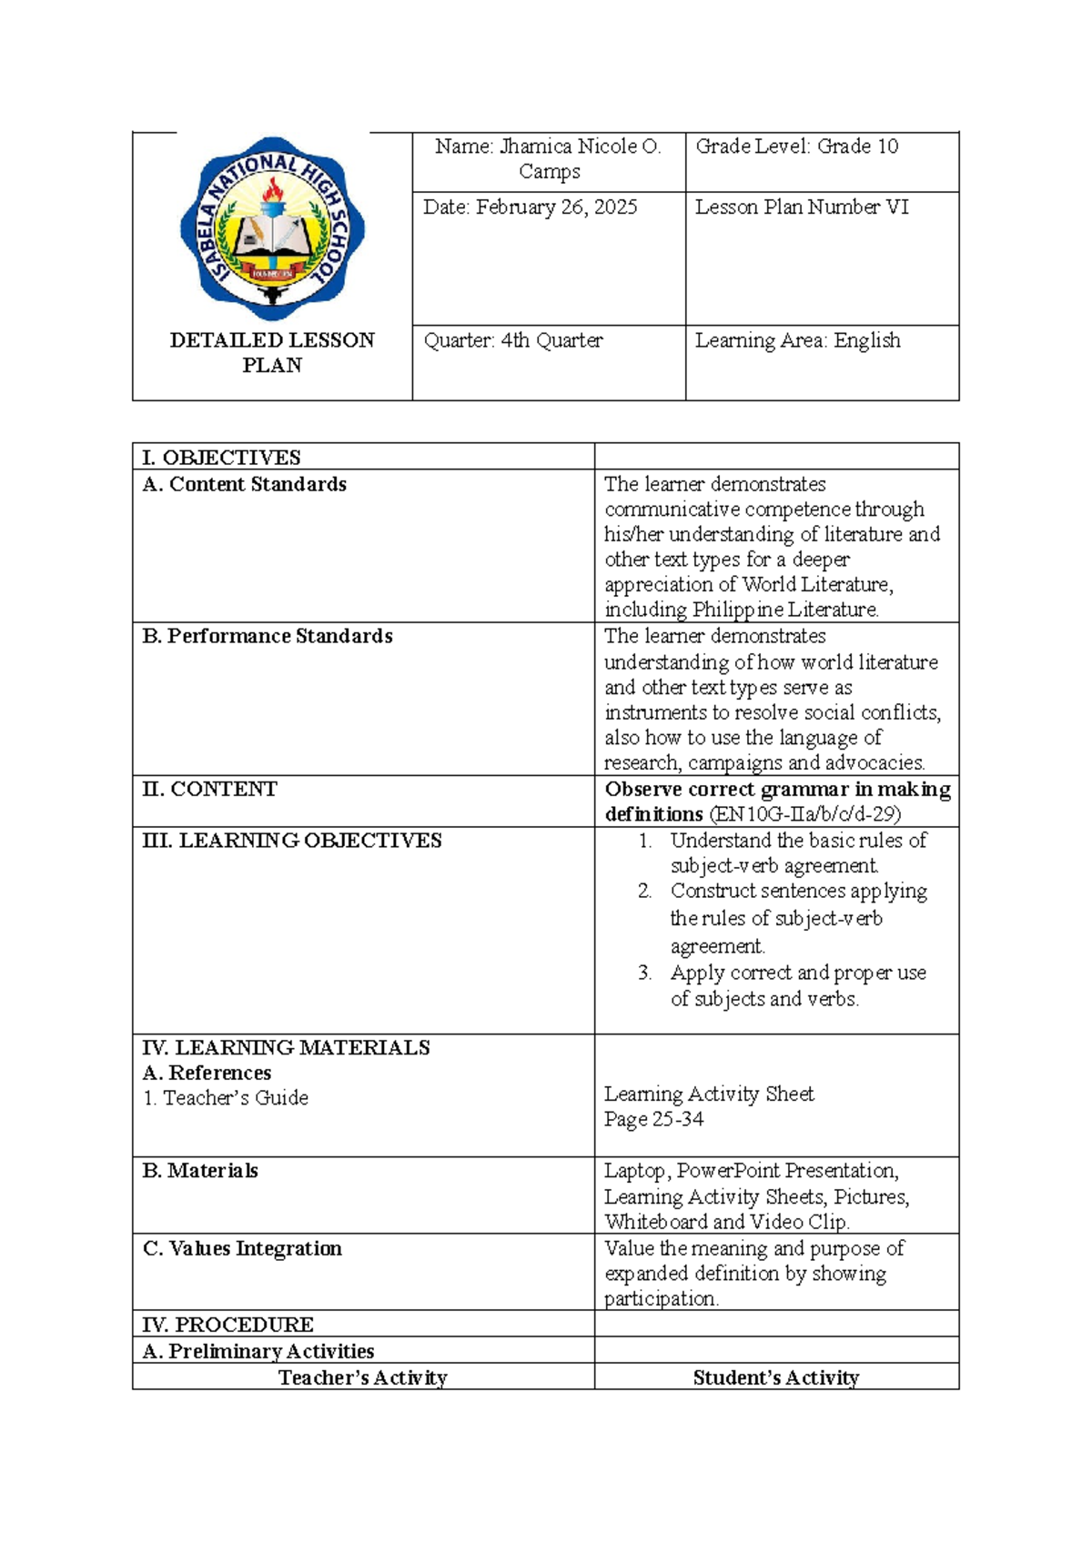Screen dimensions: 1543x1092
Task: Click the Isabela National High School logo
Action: pyautogui.click(x=272, y=227)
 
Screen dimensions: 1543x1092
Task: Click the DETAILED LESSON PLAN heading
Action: pyautogui.click(x=272, y=352)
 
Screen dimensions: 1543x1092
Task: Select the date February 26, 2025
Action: pyautogui.click(x=556, y=207)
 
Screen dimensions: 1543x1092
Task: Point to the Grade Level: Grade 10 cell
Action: pyautogui.click(x=796, y=146)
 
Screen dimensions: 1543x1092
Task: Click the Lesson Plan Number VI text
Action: pyautogui.click(x=802, y=207)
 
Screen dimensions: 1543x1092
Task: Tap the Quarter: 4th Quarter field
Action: pyautogui.click(x=513, y=340)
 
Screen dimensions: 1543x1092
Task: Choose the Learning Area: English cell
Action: pyautogui.click(x=797, y=340)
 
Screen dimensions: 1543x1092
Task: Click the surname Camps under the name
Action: pyautogui.click(x=549, y=172)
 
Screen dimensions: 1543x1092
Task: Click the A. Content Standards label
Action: pyautogui.click(x=244, y=484)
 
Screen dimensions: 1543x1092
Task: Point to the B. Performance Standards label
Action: pyautogui.click(x=267, y=636)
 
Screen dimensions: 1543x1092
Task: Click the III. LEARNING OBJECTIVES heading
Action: pyautogui.click(x=291, y=841)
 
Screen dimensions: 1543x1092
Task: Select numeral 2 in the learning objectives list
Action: pyautogui.click(x=644, y=891)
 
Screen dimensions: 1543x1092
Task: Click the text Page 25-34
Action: pyautogui.click(x=653, y=1119)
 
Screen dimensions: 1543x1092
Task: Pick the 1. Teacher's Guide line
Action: pyautogui.click(x=225, y=1098)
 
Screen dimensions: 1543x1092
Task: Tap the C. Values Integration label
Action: pyautogui.click(x=242, y=1248)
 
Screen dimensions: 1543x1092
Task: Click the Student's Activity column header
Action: pyautogui.click(x=775, y=1377)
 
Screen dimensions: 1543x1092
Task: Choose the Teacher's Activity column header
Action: pyautogui.click(x=362, y=1377)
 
